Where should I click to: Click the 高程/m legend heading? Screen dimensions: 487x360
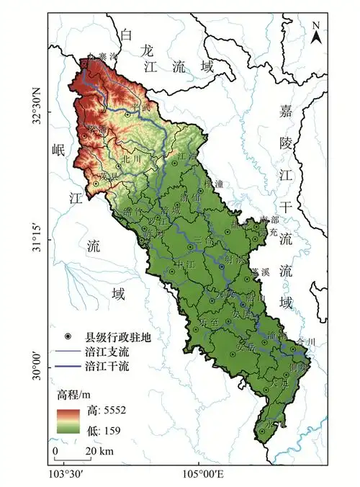tap(76, 395)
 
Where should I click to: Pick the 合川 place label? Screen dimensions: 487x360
tap(305, 341)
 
